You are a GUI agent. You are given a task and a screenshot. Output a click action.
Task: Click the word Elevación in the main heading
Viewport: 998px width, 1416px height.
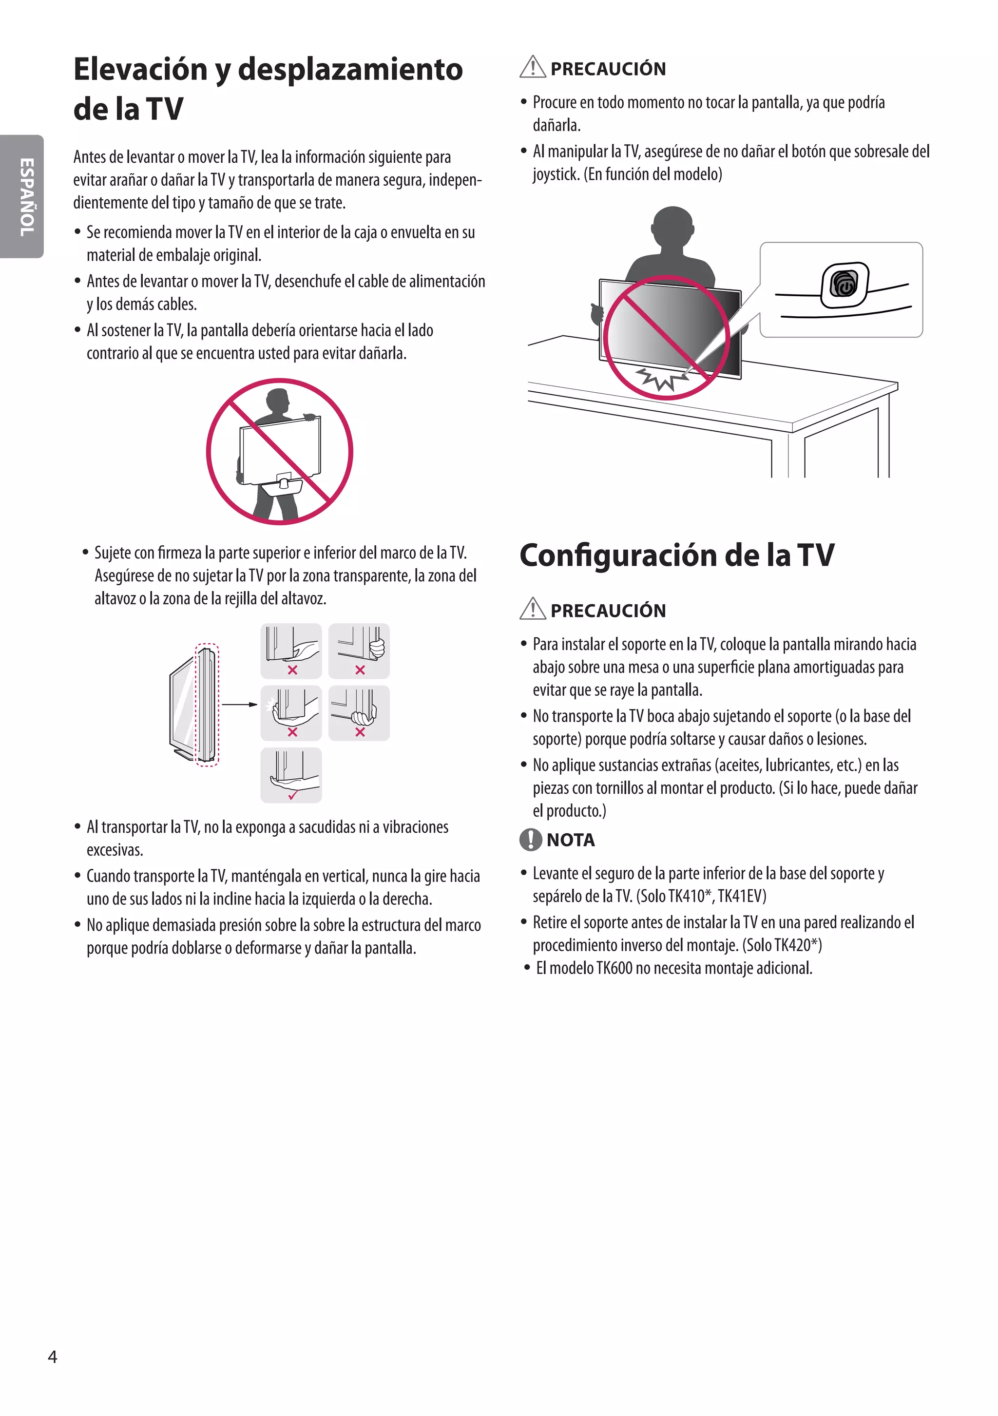point(141,69)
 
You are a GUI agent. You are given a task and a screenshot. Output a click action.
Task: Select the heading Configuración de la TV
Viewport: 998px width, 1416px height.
point(677,555)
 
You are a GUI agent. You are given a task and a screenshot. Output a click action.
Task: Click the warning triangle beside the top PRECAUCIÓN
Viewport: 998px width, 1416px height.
point(532,67)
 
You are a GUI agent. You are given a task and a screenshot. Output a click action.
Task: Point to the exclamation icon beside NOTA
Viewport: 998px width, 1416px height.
point(531,840)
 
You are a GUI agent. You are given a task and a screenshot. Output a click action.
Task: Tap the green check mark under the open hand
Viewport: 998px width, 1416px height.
point(293,795)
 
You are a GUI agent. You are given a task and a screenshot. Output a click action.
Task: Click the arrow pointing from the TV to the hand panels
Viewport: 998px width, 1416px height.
point(239,704)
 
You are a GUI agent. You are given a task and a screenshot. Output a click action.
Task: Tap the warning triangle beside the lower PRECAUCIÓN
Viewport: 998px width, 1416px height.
point(532,609)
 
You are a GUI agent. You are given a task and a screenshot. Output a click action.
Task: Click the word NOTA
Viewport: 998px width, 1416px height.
point(571,840)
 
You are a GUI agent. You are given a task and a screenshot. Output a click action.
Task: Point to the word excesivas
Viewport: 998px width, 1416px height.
point(115,850)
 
